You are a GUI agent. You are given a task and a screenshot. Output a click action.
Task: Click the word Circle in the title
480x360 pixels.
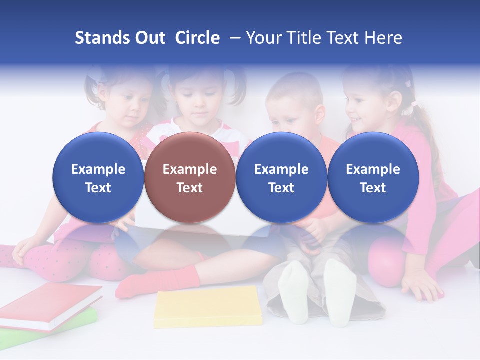[197, 38]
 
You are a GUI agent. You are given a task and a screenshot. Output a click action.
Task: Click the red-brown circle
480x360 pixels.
[189, 177]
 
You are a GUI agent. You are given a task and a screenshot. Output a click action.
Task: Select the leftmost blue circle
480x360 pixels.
[98, 177]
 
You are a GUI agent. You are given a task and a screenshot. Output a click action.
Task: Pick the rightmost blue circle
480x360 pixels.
[373, 177]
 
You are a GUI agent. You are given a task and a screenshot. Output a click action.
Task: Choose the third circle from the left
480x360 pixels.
[281, 177]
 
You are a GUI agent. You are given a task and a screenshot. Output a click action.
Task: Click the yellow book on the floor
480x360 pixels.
[208, 306]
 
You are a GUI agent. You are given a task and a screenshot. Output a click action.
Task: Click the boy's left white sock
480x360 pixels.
[293, 292]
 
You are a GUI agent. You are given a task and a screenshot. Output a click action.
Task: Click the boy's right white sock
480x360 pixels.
[340, 292]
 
